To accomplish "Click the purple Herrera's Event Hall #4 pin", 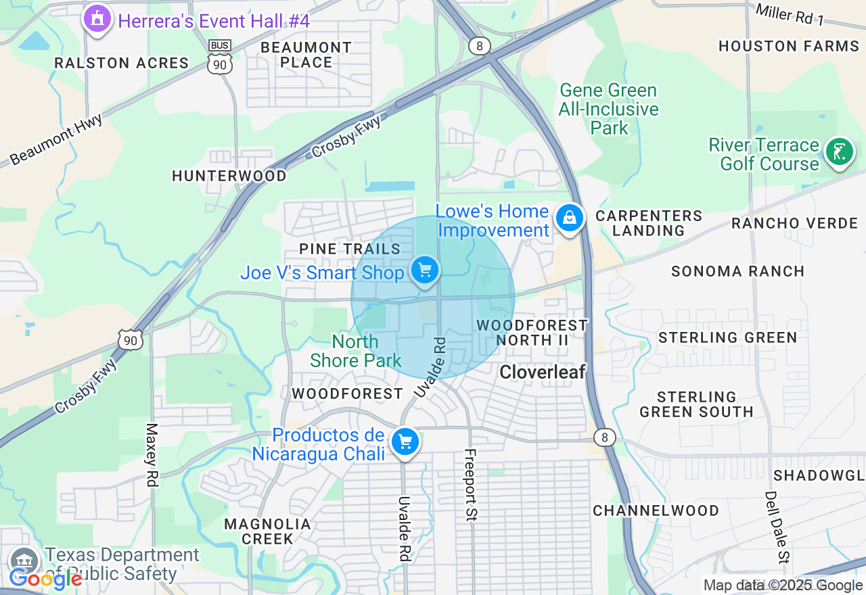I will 97,19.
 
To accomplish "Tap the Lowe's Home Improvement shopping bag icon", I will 570,218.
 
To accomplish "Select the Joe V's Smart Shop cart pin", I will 425,270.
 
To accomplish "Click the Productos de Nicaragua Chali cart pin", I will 405,442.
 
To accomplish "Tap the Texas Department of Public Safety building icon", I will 25,561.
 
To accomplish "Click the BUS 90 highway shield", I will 220,57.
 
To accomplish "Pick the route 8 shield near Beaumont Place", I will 479,46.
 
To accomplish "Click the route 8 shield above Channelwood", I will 605,437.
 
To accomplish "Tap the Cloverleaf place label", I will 542,371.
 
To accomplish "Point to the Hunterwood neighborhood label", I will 229,176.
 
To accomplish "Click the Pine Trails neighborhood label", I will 350,249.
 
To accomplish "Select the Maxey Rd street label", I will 152,454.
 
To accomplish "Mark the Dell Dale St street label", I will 777,527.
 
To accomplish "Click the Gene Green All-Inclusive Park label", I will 608,109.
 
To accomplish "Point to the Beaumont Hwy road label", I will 56,139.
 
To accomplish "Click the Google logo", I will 45,579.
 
